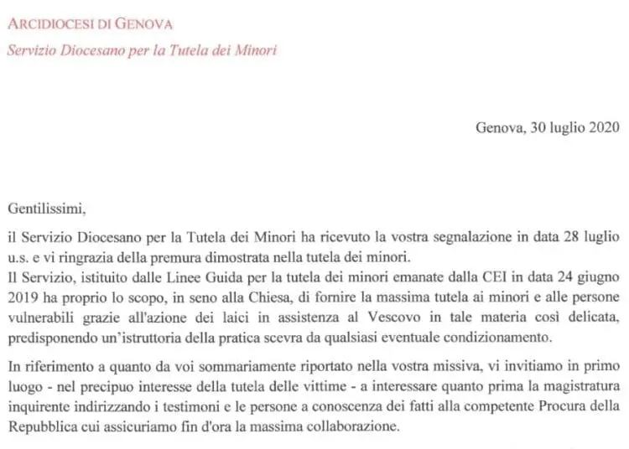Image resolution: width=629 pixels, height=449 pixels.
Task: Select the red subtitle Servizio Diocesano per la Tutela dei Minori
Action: pos(141,50)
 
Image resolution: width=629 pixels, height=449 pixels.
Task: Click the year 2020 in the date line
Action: pos(603,128)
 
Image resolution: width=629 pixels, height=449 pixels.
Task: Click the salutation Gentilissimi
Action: pos(48,207)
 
